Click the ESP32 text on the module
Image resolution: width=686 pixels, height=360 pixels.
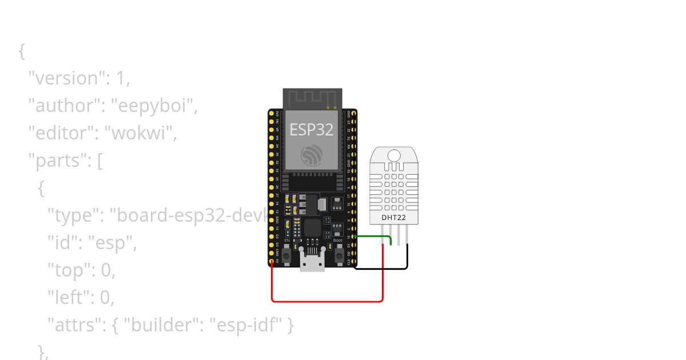[312, 129]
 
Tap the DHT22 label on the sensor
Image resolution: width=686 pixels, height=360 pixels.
[393, 218]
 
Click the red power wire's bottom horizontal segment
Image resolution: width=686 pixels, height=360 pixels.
[326, 301]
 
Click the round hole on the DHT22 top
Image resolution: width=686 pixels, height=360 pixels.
[393, 155]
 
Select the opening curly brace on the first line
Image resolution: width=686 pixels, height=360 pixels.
[22, 51]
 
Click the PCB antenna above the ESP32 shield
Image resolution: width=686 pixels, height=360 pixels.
[312, 98]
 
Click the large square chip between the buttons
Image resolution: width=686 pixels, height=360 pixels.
[312, 229]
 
